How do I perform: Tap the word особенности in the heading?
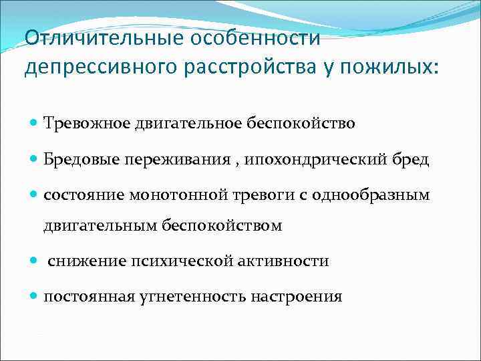pos(256,38)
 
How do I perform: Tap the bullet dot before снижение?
pos(34,261)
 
